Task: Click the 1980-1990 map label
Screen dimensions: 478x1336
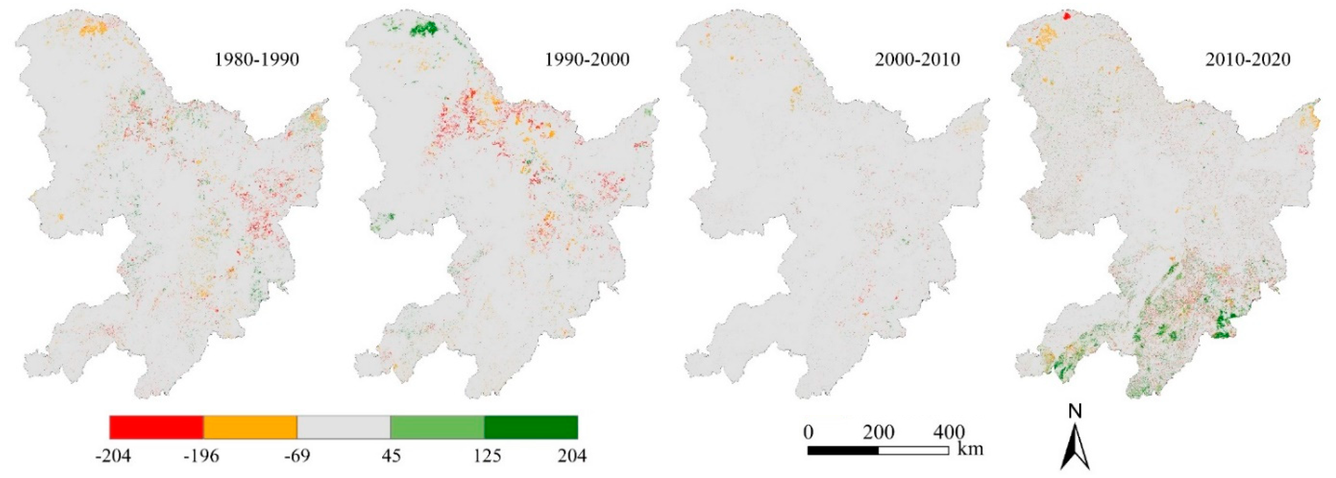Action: tap(257, 60)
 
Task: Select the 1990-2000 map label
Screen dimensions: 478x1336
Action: tap(587, 60)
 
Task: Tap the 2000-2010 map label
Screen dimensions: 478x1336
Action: tap(917, 60)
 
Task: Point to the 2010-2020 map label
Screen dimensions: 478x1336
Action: tap(1247, 60)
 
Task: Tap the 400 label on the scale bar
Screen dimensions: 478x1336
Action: tap(949, 432)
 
